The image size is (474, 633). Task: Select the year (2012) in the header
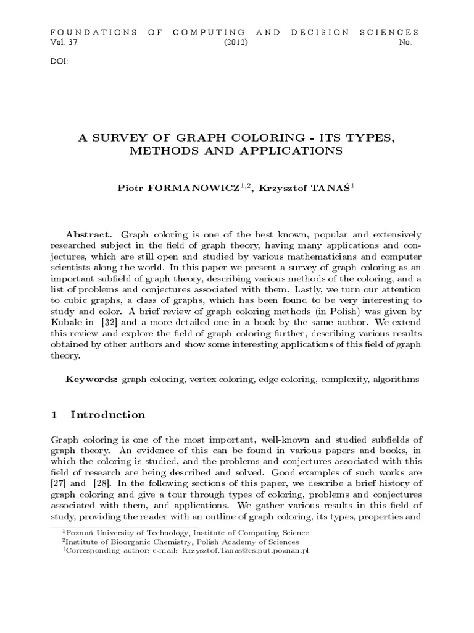pyautogui.click(x=236, y=43)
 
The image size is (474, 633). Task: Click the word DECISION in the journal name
pyautogui.click(x=313, y=32)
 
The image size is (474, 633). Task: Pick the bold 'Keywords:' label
pyautogui.click(x=93, y=379)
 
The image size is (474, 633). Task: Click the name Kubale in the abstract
pyautogui.click(x=65, y=323)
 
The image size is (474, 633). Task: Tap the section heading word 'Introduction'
pyautogui.click(x=108, y=415)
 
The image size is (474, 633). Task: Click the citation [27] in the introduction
pyautogui.click(x=58, y=482)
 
